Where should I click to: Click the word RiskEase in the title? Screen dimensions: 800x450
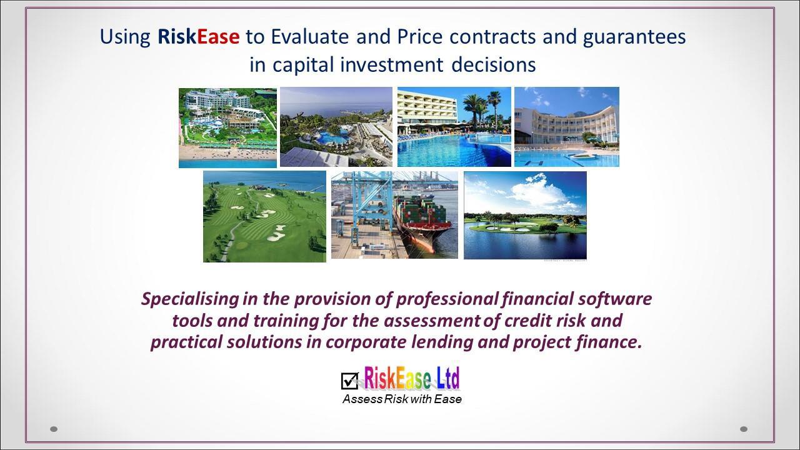(199, 36)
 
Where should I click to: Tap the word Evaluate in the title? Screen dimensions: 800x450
(310, 36)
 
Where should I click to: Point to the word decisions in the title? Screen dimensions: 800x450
(494, 65)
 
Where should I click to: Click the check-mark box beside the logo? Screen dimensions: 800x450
(349, 381)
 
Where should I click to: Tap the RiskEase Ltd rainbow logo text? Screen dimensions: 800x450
(411, 378)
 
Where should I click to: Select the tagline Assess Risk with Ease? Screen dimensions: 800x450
(402, 399)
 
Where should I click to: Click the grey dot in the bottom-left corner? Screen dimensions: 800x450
(54, 429)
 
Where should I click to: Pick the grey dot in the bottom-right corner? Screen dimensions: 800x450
(744, 429)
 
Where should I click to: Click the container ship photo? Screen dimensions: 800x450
(394, 215)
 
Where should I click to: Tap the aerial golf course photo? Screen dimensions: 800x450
(264, 216)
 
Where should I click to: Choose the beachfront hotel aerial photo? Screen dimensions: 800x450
(228, 128)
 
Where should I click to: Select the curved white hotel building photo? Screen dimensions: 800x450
(567, 127)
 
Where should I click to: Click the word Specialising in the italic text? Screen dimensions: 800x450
(190, 299)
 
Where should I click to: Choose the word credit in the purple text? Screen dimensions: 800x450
(527, 320)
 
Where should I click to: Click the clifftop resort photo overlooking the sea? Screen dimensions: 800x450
(336, 127)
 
